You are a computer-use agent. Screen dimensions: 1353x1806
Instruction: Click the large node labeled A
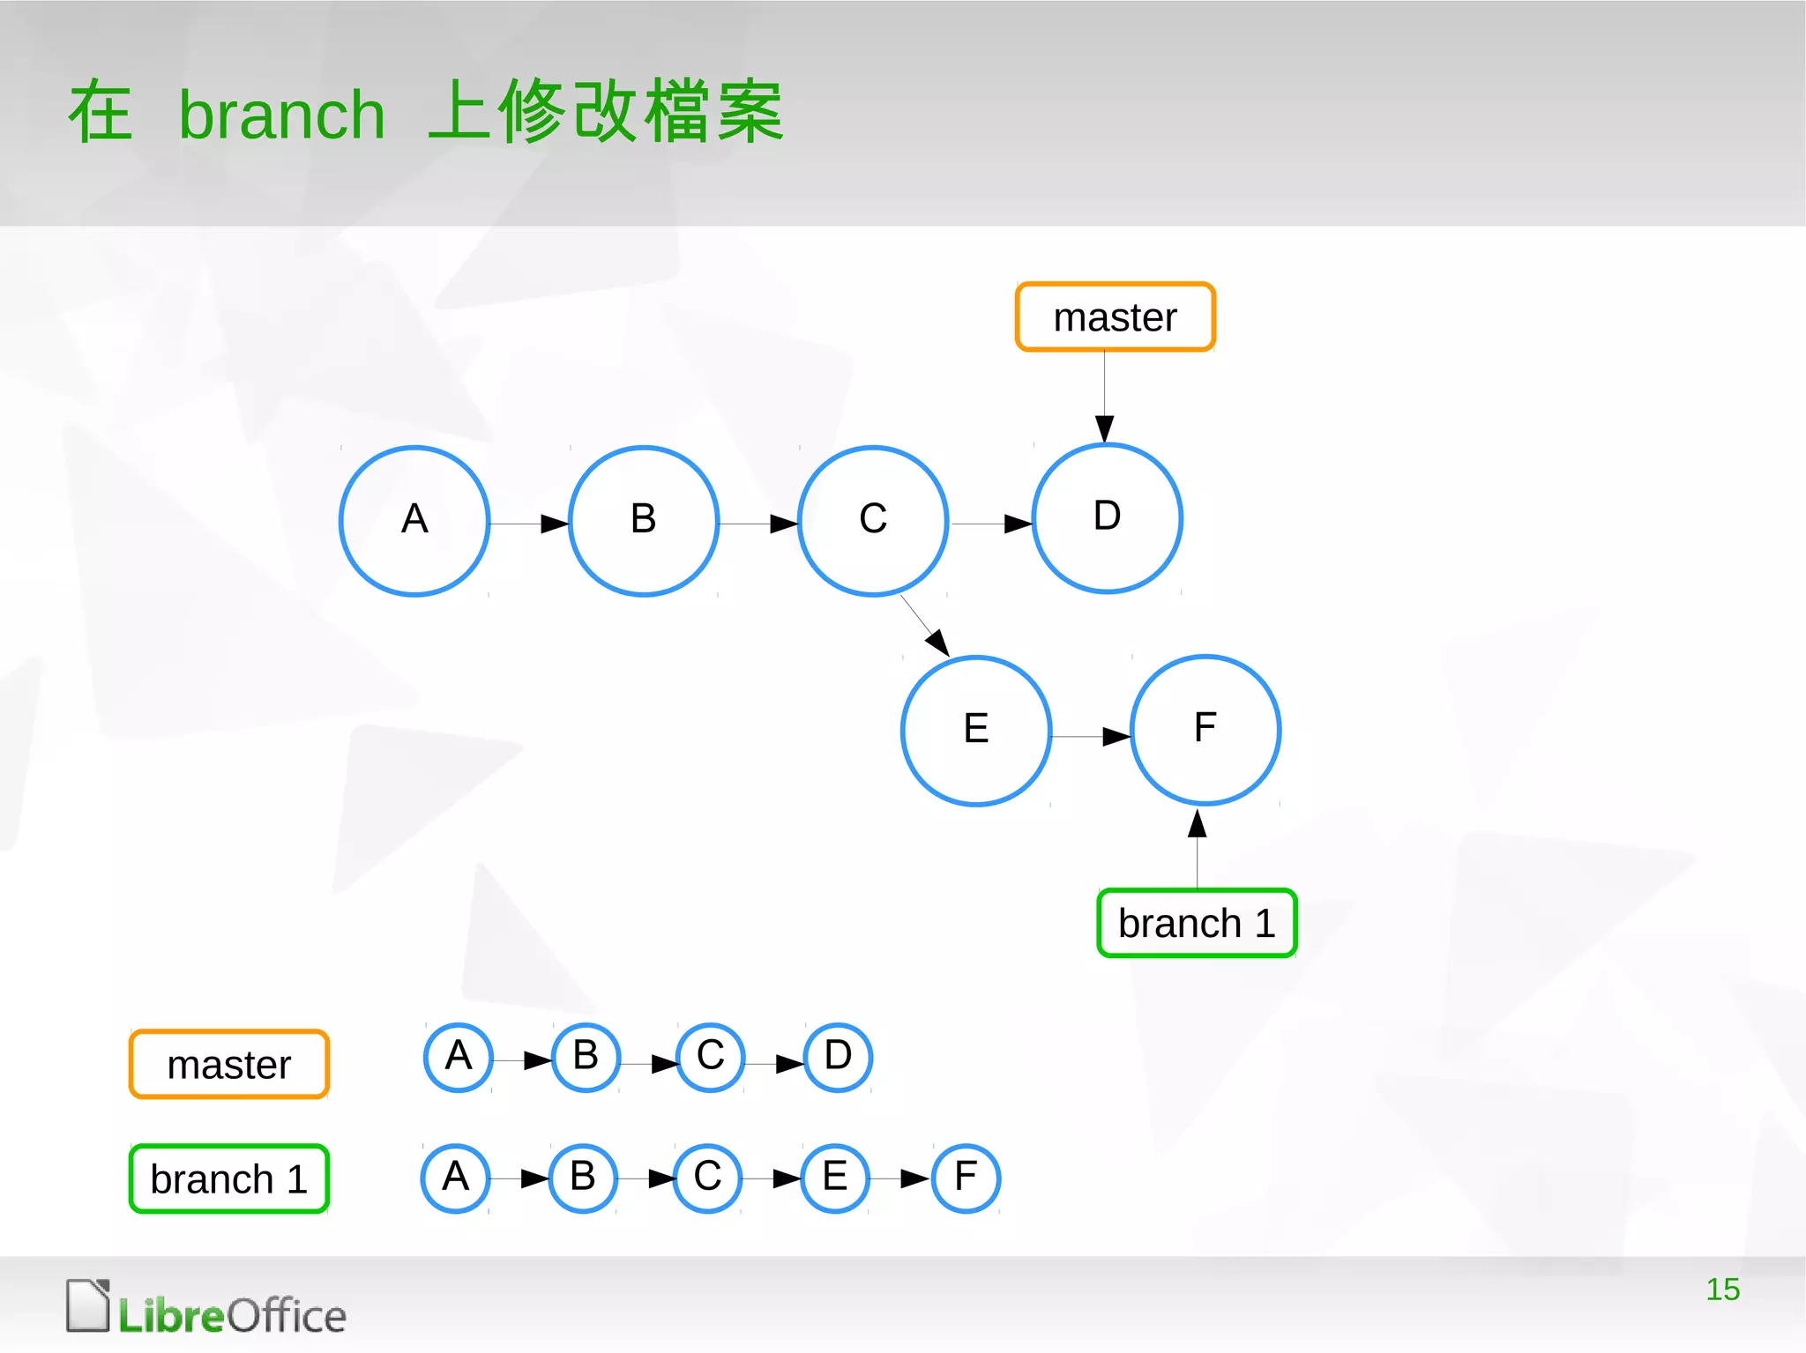pyautogui.click(x=414, y=521)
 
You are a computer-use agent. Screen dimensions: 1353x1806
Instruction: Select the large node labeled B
pyautogui.click(x=644, y=521)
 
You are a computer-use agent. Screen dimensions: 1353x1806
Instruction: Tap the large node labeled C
pyautogui.click(x=873, y=521)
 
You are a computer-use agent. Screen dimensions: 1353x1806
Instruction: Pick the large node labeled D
pyautogui.click(x=1107, y=518)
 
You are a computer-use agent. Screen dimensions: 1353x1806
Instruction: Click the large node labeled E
pyautogui.click(x=976, y=731)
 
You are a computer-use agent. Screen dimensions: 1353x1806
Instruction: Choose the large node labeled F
pyautogui.click(x=1205, y=730)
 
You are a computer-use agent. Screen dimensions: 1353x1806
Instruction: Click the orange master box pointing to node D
pyautogui.click(x=1116, y=317)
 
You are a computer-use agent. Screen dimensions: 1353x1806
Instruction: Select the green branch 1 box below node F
pyautogui.click(x=1197, y=923)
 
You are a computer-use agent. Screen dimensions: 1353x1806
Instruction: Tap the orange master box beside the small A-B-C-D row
pyautogui.click(x=229, y=1064)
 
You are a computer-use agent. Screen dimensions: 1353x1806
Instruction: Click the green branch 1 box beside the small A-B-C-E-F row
pyautogui.click(x=229, y=1178)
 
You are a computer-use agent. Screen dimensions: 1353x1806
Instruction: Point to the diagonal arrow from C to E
pyautogui.click(x=923, y=624)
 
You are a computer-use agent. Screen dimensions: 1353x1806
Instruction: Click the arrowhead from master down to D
pyautogui.click(x=1105, y=428)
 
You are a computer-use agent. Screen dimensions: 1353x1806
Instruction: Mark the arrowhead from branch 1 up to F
pyautogui.click(x=1197, y=823)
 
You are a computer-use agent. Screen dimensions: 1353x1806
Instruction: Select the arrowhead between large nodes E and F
pyautogui.click(x=1116, y=736)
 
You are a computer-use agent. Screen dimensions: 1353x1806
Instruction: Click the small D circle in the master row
pyautogui.click(x=838, y=1057)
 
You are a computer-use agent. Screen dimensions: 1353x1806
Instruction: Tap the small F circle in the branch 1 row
pyautogui.click(x=966, y=1178)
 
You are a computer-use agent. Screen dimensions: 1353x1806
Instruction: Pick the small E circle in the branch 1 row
pyautogui.click(x=835, y=1178)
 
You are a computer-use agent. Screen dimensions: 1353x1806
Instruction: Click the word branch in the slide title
pyautogui.click(x=282, y=115)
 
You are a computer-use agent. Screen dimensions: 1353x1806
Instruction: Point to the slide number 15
pyautogui.click(x=1722, y=1290)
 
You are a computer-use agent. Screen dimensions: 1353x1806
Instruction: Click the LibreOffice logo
pyautogui.click(x=206, y=1308)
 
